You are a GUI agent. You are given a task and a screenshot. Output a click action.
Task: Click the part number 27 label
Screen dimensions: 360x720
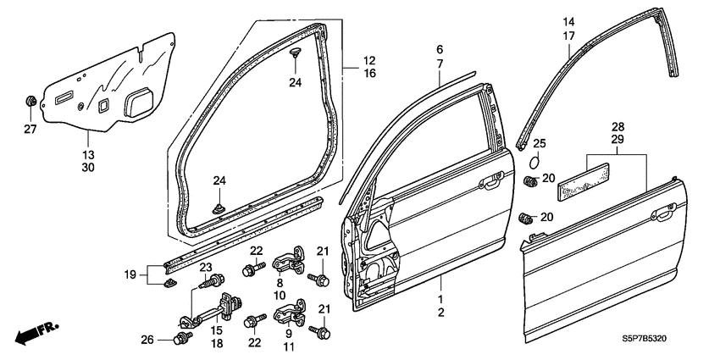point(30,130)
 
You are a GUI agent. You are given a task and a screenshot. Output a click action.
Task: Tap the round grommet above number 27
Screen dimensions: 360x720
point(30,102)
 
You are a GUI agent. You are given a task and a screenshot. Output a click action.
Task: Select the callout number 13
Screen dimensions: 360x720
point(88,155)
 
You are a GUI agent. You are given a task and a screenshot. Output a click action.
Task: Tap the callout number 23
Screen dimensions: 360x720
point(205,267)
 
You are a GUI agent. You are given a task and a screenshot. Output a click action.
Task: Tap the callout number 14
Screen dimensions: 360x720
point(568,21)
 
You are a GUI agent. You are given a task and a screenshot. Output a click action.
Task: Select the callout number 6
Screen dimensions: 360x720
point(440,50)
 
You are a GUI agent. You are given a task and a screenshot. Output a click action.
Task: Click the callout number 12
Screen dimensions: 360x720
point(369,60)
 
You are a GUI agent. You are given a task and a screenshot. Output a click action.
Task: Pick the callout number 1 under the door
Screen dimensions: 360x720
point(440,300)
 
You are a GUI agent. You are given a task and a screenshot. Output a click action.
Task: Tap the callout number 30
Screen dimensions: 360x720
point(88,168)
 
